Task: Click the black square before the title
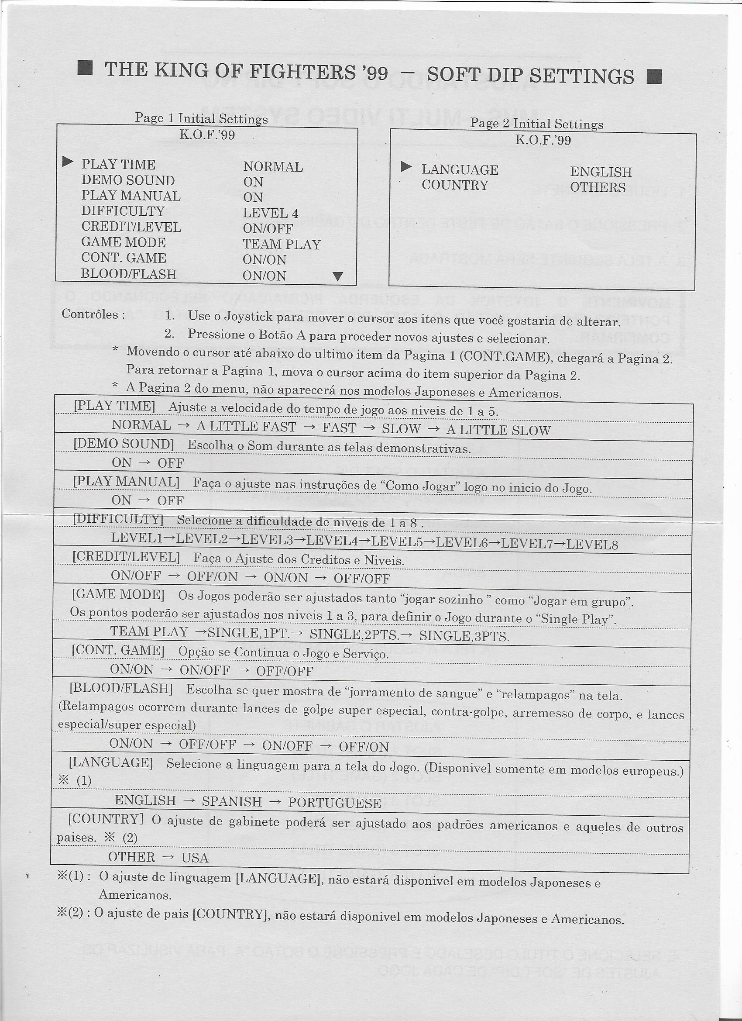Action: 85,69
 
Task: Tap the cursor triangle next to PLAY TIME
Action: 68,161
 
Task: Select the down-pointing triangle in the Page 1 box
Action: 338,276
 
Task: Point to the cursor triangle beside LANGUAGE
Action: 406,167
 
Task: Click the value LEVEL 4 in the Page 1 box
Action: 271,213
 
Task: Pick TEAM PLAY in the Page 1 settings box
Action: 281,245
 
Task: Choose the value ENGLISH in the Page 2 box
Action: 601,172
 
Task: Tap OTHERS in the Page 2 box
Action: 598,187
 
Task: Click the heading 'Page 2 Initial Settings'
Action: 536,123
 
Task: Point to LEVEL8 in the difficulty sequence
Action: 592,545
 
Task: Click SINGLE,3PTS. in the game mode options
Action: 464,636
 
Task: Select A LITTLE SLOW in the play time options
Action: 498,431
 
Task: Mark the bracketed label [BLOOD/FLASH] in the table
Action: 121,688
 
